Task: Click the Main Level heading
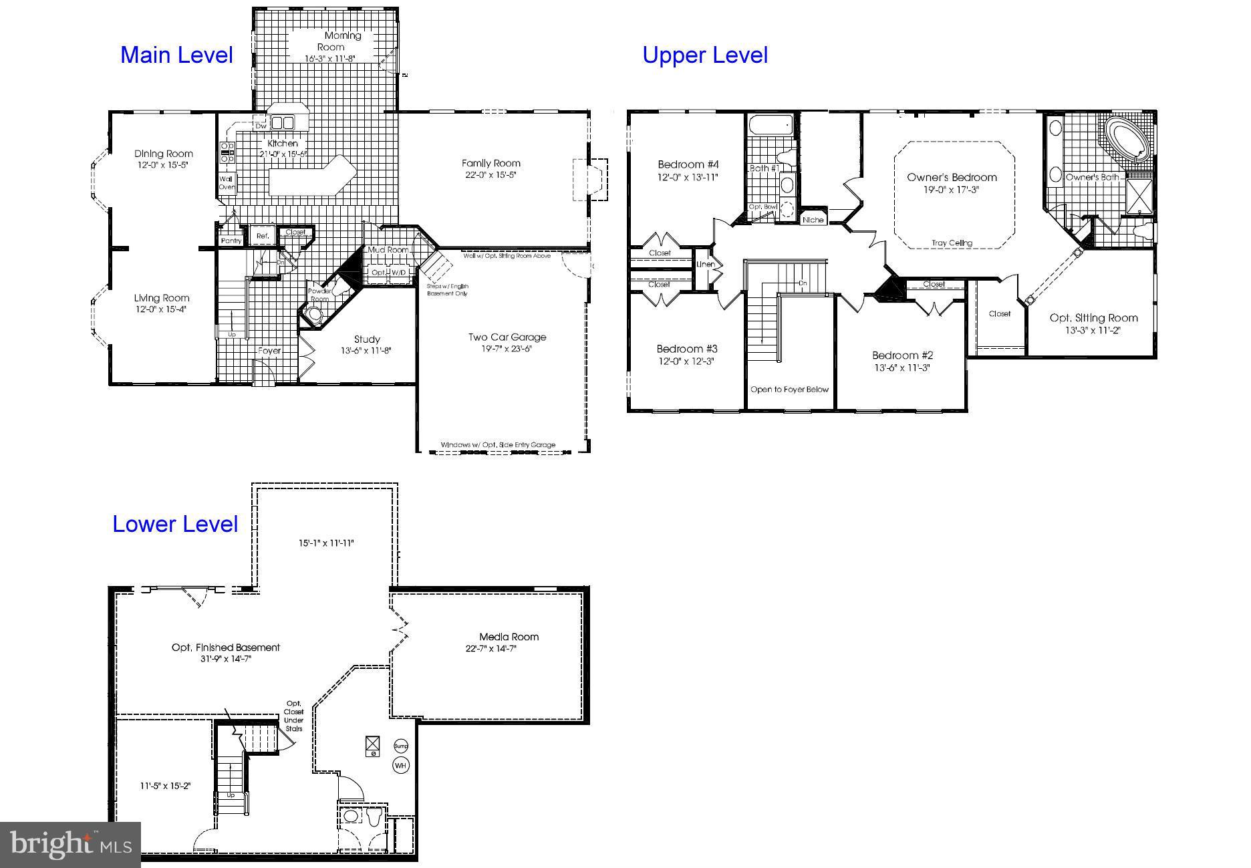coord(176,55)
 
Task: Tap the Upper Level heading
coord(704,55)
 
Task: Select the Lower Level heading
coord(174,524)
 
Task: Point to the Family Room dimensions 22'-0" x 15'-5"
coord(491,175)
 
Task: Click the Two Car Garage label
coord(507,337)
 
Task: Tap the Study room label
coord(367,339)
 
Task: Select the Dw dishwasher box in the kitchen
coord(261,125)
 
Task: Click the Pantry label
coord(231,241)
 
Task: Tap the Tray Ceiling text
coord(952,243)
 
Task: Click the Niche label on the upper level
coord(813,220)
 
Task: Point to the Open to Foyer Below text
coord(789,390)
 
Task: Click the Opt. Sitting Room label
coord(1093,318)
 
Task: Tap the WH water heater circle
coord(400,766)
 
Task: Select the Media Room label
coord(509,637)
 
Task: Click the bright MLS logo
coord(70,845)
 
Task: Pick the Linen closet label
coord(706,265)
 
